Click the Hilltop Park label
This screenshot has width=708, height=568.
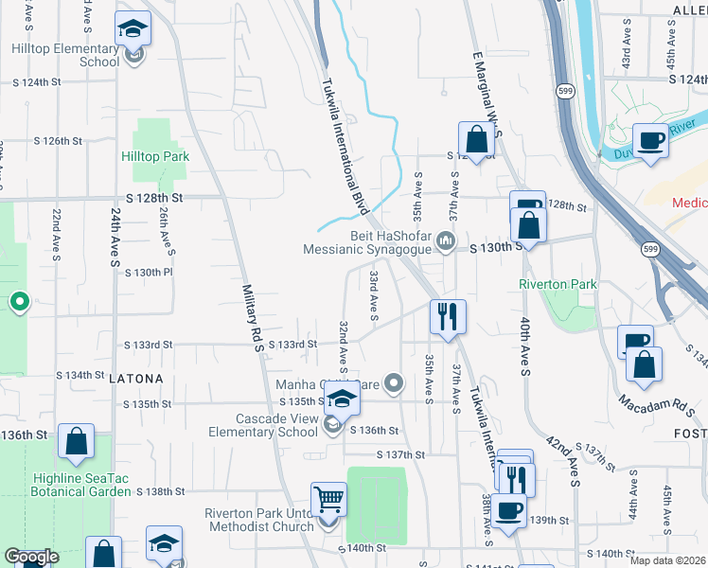tap(155, 157)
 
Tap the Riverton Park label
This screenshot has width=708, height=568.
tap(558, 284)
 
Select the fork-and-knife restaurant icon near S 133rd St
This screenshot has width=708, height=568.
tap(447, 316)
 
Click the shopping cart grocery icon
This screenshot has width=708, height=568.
tap(328, 498)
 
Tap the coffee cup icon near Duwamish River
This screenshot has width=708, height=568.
tap(650, 140)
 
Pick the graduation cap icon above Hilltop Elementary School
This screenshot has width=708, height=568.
tap(133, 28)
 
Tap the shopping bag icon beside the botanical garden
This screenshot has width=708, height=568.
tap(76, 440)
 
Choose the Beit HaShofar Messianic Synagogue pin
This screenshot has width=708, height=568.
tap(446, 244)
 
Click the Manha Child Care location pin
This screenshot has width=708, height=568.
tap(395, 383)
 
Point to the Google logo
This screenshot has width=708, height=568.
tap(31, 557)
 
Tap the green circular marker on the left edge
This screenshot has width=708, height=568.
tap(18, 303)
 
